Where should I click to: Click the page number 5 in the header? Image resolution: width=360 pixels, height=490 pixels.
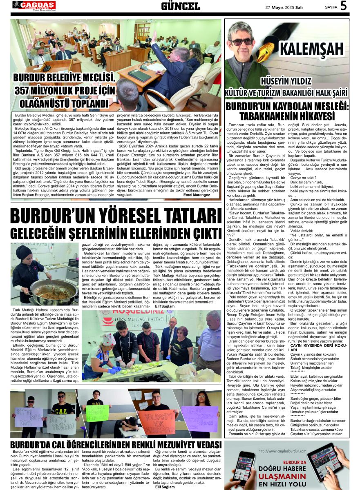343,6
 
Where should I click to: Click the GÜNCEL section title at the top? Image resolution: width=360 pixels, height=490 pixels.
180,6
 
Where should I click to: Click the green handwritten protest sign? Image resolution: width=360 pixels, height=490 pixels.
97,412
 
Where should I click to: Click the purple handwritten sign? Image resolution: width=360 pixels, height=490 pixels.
200,419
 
